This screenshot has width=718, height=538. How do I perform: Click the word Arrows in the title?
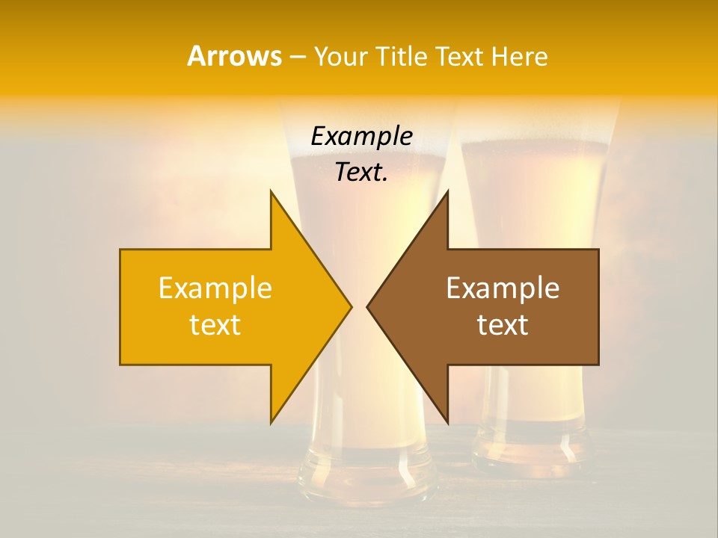[x=234, y=56]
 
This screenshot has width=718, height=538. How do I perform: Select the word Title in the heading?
[x=400, y=56]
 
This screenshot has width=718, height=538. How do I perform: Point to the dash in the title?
[x=297, y=57]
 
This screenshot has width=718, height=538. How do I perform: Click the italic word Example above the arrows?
[x=361, y=136]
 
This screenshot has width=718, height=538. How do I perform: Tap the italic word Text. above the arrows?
[x=361, y=172]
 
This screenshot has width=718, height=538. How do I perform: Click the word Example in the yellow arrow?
[x=215, y=288]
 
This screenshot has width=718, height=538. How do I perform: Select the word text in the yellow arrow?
[x=215, y=325]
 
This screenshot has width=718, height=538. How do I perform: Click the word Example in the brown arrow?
[x=503, y=288]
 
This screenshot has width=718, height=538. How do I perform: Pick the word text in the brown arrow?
[x=503, y=325]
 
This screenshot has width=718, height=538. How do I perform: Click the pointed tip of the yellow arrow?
[x=351, y=306]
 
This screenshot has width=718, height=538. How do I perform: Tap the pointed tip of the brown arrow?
[x=367, y=306]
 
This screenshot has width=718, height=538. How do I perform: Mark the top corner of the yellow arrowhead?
[x=271, y=191]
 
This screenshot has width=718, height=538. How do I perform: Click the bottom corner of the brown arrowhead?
[x=447, y=423]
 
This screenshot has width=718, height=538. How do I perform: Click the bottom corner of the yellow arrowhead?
[x=271, y=423]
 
